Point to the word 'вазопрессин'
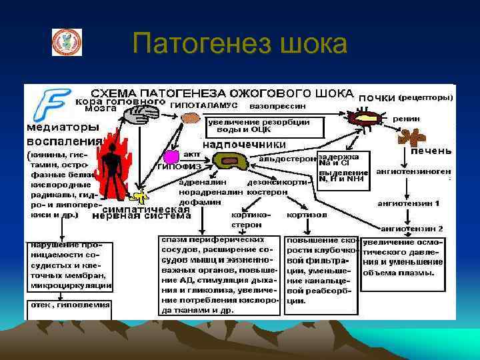[x=278, y=106]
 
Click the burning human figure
[x=121, y=163]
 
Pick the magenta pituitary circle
[x=171, y=157]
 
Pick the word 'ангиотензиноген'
[x=413, y=171]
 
